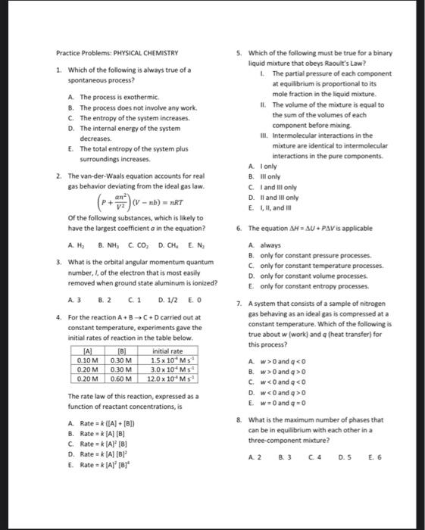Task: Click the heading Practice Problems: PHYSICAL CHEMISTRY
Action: (117, 53)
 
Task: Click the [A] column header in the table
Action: (88, 351)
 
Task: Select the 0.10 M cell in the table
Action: (88, 360)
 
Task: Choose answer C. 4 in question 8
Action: (314, 457)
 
